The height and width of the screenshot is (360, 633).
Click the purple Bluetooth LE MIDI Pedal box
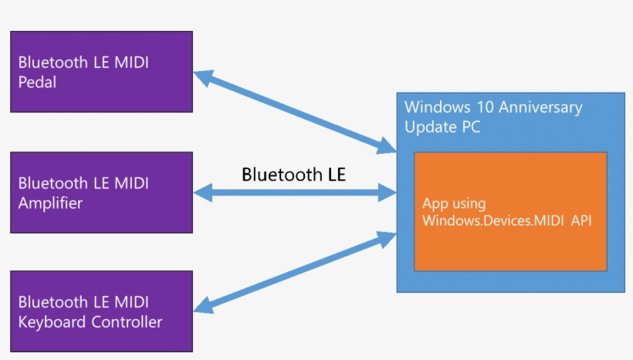[101, 72]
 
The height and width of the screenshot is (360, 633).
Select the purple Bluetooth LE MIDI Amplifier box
[101, 192]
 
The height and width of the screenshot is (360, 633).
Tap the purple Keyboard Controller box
[101, 311]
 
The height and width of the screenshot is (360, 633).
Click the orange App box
[510, 212]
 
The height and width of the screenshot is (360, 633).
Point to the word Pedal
[37, 82]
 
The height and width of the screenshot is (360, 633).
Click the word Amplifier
[50, 203]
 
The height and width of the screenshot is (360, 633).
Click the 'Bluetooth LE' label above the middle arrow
[293, 174]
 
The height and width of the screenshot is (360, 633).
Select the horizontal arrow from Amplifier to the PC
[294, 193]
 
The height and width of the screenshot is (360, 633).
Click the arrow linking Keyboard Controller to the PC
[294, 273]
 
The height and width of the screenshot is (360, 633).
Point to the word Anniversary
[540, 107]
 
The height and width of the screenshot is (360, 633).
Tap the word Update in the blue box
[429, 127]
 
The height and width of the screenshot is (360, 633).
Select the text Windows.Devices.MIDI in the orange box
[495, 221]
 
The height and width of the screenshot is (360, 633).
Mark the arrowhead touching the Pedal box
[203, 76]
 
